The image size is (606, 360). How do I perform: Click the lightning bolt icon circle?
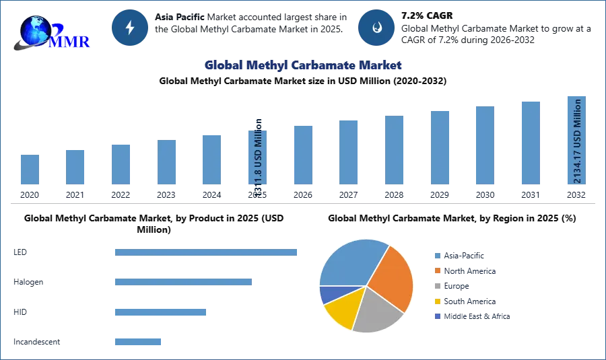[x=130, y=28]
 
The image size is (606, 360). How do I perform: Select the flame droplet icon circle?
[x=376, y=28]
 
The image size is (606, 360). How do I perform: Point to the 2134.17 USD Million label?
[x=577, y=141]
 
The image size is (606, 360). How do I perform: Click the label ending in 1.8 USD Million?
[x=258, y=158]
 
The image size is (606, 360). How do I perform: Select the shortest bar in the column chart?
[x=30, y=169]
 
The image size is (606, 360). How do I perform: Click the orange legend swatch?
[x=437, y=271]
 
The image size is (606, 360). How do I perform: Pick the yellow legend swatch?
[x=437, y=301]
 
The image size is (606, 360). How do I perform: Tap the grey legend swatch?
[x=437, y=286]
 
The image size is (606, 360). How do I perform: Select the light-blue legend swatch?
[x=437, y=255]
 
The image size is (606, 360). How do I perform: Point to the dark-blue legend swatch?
[x=437, y=317]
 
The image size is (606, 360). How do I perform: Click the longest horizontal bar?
[x=207, y=253]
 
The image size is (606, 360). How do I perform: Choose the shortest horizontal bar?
[x=137, y=342]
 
